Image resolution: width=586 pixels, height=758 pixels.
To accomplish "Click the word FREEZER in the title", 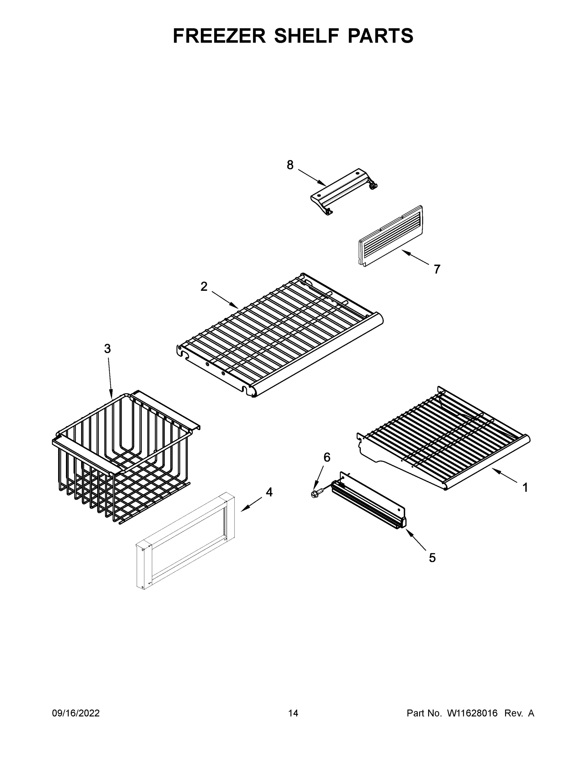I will [219, 36].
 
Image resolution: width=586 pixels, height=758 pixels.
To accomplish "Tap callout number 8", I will [290, 165].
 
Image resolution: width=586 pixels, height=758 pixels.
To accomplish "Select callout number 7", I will [437, 269].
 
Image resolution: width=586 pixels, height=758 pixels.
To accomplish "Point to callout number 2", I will [204, 286].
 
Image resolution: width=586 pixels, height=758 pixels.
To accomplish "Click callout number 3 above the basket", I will [107, 348].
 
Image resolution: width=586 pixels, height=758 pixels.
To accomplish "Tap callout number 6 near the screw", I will [327, 457].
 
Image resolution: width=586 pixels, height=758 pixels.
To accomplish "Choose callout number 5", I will [432, 558].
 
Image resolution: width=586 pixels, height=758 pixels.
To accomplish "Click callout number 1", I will [525, 488].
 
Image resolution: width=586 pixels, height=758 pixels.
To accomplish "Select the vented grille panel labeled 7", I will [390, 236].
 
